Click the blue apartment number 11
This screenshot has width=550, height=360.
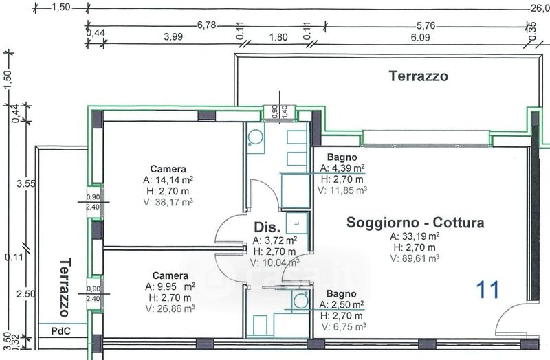coord(487,290)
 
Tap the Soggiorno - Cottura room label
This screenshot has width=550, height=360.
coord(415,223)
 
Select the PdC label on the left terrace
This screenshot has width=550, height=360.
coord(60,331)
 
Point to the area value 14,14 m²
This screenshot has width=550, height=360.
coord(168,180)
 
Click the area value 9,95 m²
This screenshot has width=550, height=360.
coord(170,286)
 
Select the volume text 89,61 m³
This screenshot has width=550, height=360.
coord(415,258)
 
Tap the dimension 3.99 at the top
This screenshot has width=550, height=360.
coord(173,36)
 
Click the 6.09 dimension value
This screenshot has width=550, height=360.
coord(420,37)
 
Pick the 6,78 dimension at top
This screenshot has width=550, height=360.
coord(207,25)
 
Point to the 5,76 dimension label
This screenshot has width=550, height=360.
coord(426,26)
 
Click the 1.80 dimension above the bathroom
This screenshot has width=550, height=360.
coord(278,37)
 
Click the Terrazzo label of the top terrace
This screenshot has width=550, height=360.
coord(419,76)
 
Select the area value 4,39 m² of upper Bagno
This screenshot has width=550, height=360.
coord(342,168)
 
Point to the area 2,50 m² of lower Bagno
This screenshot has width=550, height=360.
coord(341,304)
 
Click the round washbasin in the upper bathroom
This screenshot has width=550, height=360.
coord(256,137)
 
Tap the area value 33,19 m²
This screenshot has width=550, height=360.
coord(415,236)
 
